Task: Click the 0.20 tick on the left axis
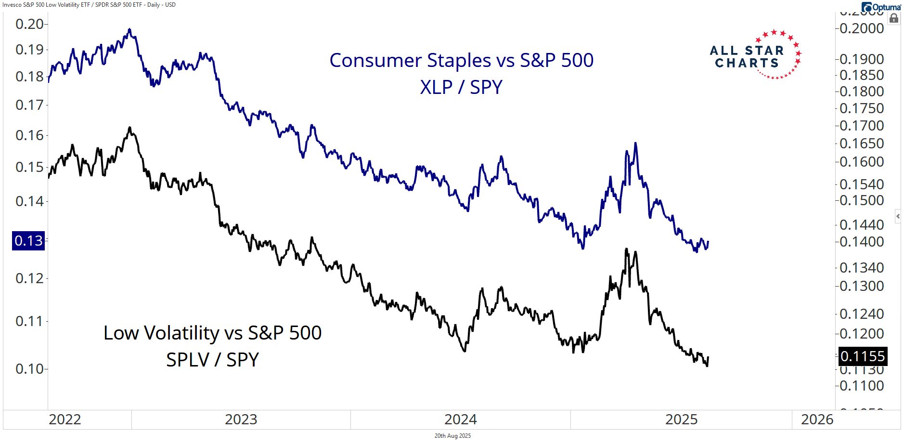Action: pyautogui.click(x=30, y=24)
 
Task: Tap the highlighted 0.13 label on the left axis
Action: pyautogui.click(x=28, y=241)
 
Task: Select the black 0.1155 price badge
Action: pyautogui.click(x=863, y=356)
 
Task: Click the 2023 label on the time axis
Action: pyautogui.click(x=241, y=419)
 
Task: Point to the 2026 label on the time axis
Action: pyautogui.click(x=817, y=419)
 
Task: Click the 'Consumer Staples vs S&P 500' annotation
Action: pyautogui.click(x=461, y=61)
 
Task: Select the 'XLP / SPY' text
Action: pyautogui.click(x=461, y=88)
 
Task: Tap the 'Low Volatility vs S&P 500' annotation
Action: pyautogui.click(x=212, y=333)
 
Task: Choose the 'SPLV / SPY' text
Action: pyautogui.click(x=212, y=360)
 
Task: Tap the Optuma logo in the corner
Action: pyautogui.click(x=881, y=7)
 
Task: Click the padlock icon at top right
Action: pyautogui.click(x=894, y=18)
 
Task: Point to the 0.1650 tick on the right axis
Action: pyautogui.click(x=862, y=144)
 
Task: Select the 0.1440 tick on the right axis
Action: pyautogui.click(x=862, y=225)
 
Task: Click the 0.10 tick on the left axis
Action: pyautogui.click(x=30, y=369)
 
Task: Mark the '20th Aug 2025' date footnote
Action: pyautogui.click(x=452, y=436)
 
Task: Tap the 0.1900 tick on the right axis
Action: pyautogui.click(x=862, y=59)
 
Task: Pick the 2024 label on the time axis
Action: pyautogui.click(x=460, y=419)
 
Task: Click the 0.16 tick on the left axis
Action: pyautogui.click(x=30, y=135)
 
